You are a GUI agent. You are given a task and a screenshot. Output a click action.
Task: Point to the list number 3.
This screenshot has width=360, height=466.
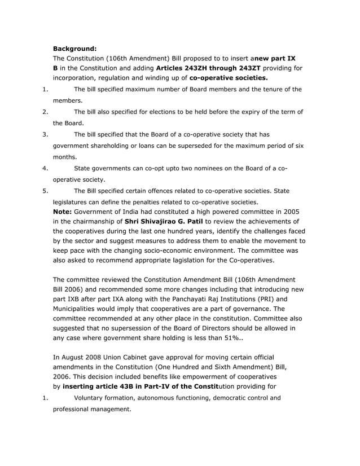(44, 134)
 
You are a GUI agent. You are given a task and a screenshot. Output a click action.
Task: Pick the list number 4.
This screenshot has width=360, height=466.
(44, 168)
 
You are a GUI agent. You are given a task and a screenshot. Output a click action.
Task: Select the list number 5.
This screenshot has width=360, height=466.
(44, 191)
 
